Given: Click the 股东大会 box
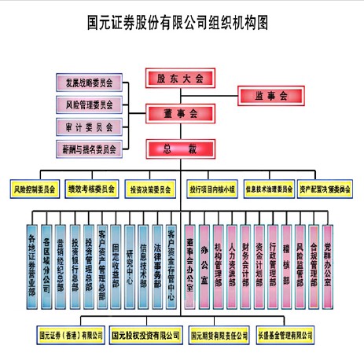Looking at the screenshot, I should (x=180, y=78).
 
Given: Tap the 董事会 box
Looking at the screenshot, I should (x=180, y=113).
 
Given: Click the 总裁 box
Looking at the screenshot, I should (x=180, y=148).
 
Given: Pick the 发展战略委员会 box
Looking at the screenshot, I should (x=88, y=83).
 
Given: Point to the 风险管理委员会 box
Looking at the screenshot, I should (x=88, y=104).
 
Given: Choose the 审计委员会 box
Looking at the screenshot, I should (x=88, y=126).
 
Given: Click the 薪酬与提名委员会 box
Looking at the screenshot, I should (x=88, y=148).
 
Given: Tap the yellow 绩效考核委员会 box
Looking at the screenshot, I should (x=91, y=189).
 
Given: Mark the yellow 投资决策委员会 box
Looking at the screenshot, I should (x=151, y=189).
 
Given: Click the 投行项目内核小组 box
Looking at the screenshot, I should (x=211, y=189).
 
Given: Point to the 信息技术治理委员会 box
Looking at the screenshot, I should (x=269, y=189).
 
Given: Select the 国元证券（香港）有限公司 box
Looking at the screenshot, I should (x=71, y=336).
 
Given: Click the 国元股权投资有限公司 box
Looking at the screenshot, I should (x=145, y=336).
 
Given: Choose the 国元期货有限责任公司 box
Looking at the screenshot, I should (x=219, y=336).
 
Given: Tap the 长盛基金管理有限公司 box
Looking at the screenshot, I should (x=291, y=336).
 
